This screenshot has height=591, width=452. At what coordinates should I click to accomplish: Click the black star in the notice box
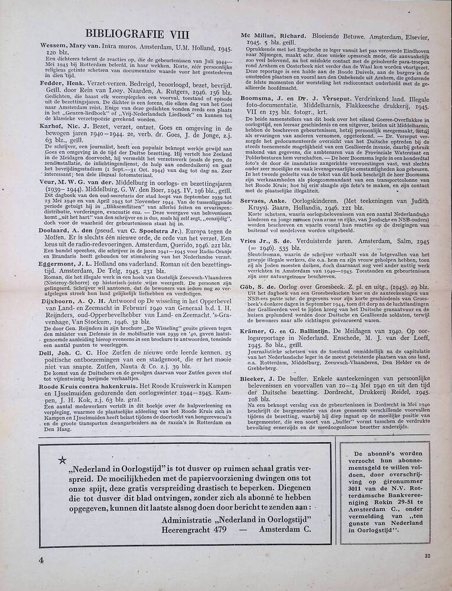pos(62,460)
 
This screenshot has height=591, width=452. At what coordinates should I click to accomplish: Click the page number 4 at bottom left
pos(41,558)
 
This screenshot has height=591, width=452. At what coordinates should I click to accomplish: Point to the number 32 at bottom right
pos(427,556)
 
